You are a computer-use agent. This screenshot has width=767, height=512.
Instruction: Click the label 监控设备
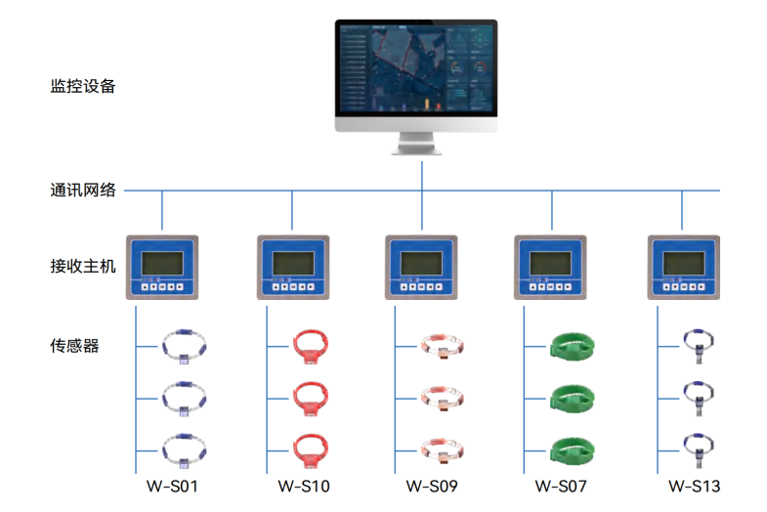click(83, 86)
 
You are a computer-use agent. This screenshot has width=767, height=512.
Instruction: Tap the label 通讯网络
click(83, 190)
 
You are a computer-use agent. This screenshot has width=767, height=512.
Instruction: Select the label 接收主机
click(83, 266)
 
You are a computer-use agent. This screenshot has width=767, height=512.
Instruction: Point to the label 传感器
click(74, 346)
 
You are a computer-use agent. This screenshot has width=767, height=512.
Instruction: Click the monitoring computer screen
click(416, 67)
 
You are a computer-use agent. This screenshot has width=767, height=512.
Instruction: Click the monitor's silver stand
click(416, 144)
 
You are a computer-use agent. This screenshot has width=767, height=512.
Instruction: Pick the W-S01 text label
click(172, 486)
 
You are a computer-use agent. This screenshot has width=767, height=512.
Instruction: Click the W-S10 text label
click(304, 486)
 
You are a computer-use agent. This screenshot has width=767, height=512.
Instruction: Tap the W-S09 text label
click(432, 486)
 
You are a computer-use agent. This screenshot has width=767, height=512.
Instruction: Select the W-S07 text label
click(561, 486)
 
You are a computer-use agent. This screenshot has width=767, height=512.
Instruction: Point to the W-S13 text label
click(694, 486)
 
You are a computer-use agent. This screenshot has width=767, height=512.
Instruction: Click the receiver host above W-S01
click(162, 268)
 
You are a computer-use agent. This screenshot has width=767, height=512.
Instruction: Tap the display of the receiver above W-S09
click(421, 263)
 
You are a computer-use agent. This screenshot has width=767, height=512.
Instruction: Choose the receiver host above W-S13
click(684, 268)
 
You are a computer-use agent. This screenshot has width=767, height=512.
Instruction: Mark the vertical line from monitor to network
click(422, 176)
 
